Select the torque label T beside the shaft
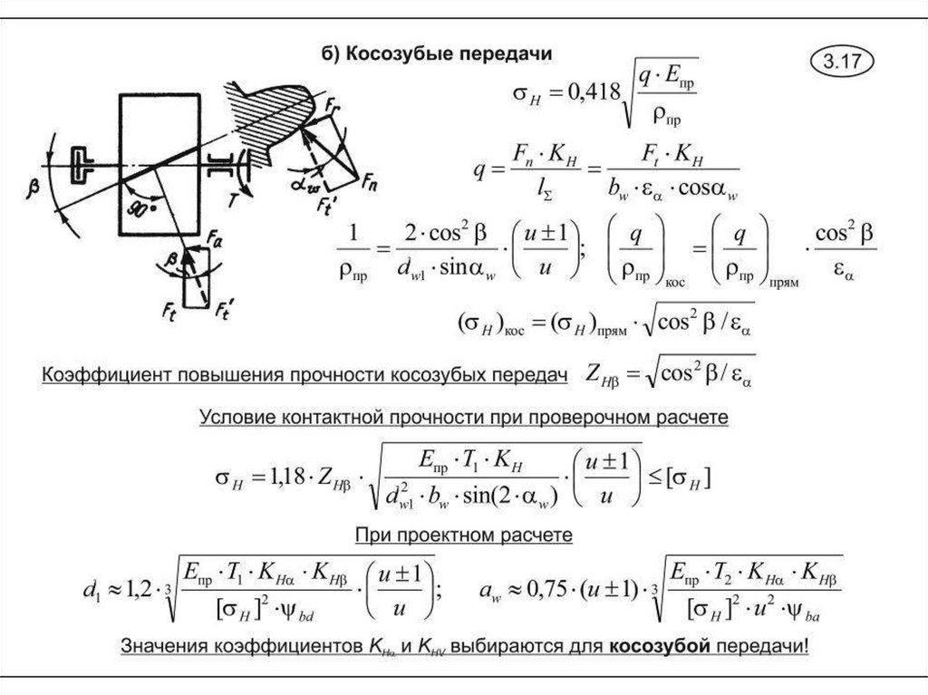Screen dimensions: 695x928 point(232,201)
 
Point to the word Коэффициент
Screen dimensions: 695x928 point(97,376)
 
